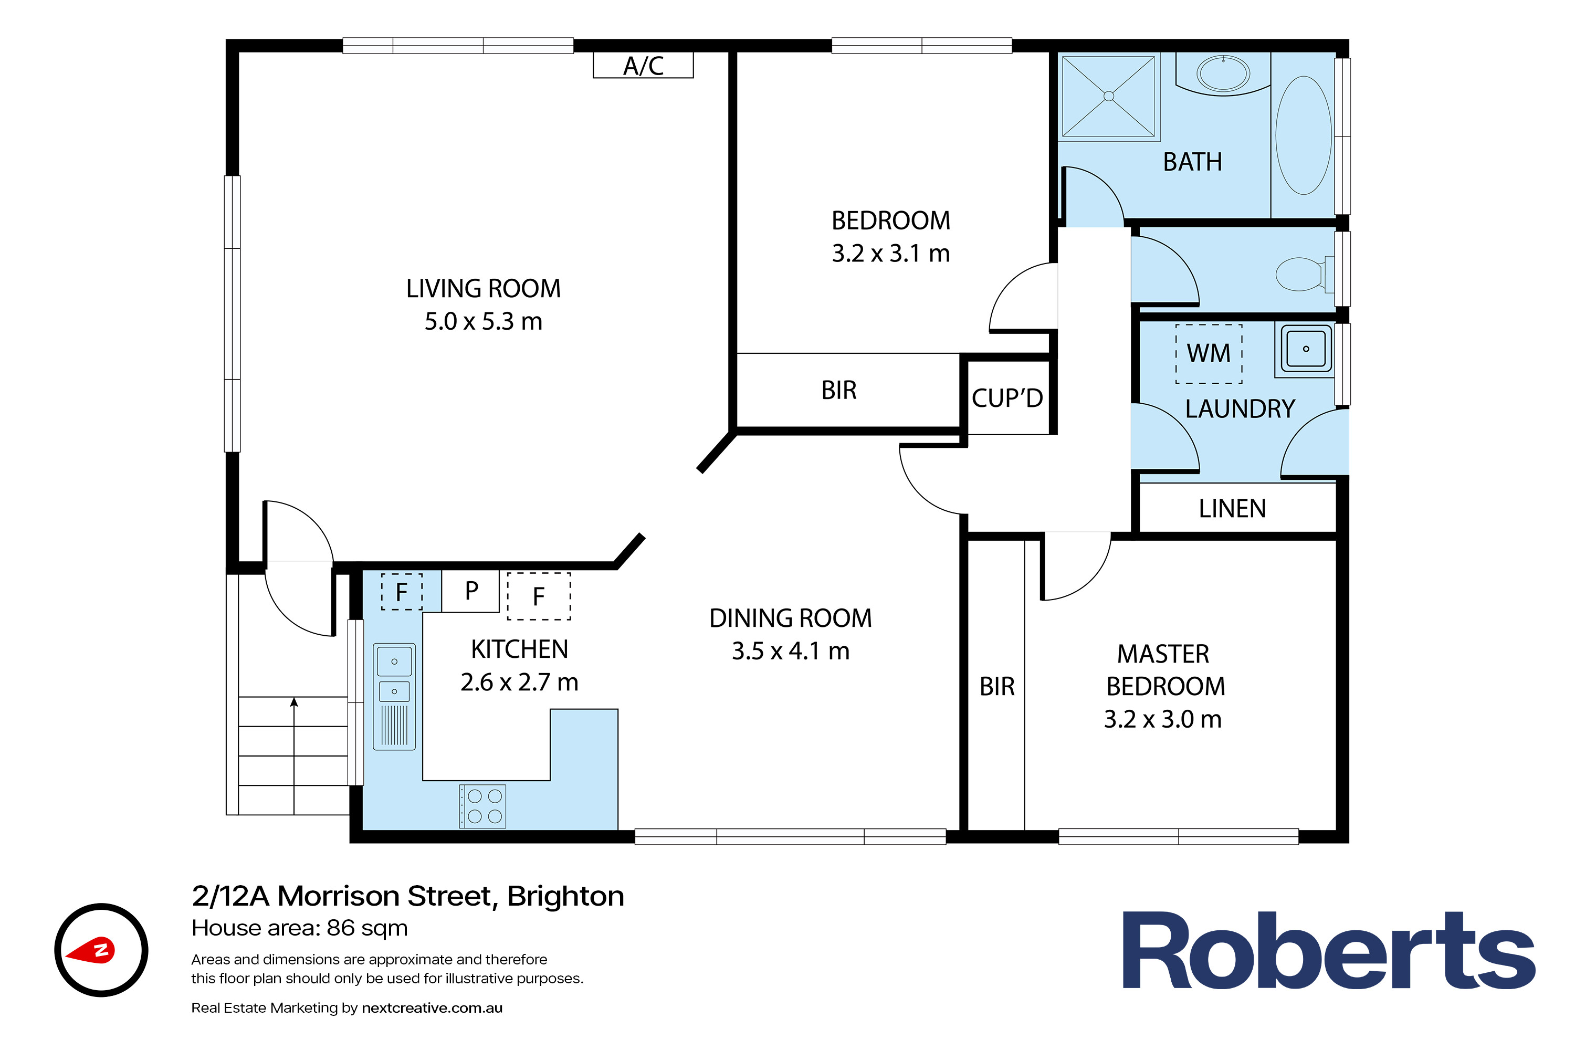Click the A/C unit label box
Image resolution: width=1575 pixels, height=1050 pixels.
[x=643, y=65]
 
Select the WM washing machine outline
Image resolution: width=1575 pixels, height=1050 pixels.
[x=1209, y=353]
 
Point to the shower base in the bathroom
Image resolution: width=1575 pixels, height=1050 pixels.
[x=1108, y=97]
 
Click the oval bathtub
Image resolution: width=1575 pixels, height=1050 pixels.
[x=1303, y=135]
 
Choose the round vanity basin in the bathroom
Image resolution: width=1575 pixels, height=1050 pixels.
[x=1223, y=73]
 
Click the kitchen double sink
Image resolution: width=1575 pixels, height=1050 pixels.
[x=394, y=697]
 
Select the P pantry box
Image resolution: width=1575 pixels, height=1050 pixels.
[x=471, y=591]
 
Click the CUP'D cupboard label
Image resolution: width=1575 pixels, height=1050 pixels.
[x=1007, y=398]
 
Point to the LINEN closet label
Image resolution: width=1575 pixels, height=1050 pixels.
[x=1232, y=509]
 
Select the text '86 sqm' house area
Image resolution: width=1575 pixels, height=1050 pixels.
[x=367, y=928]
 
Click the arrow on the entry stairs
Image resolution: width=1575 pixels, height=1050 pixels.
[x=294, y=755]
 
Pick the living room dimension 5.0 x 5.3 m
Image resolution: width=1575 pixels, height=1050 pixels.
[x=484, y=321]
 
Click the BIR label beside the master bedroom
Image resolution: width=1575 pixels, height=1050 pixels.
[x=997, y=686]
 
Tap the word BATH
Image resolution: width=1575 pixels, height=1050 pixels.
[x=1193, y=162]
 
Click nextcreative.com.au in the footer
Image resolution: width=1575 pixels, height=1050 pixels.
[x=432, y=1008]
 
